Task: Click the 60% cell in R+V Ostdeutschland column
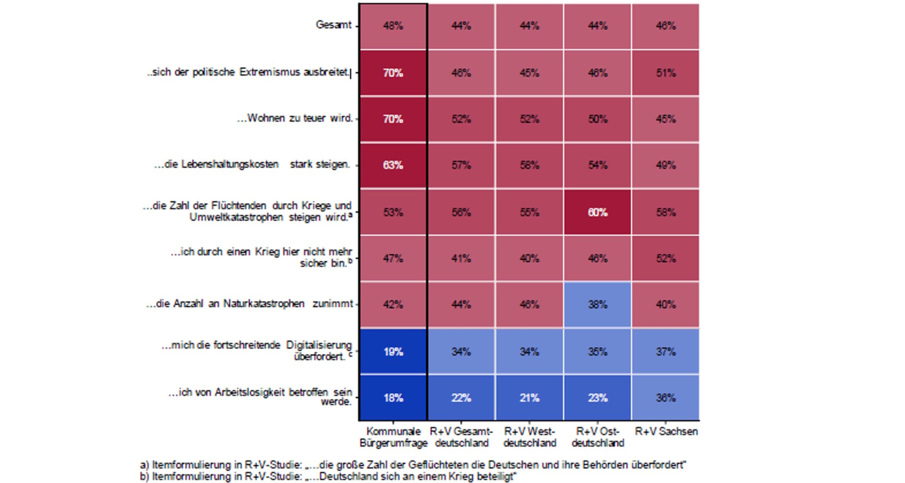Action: click(597, 212)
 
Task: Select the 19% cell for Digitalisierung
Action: click(393, 351)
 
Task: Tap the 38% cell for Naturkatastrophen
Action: click(597, 305)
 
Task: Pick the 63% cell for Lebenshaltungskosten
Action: click(393, 166)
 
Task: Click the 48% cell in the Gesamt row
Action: click(393, 26)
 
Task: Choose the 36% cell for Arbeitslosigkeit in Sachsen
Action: click(666, 398)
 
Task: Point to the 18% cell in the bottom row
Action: click(393, 398)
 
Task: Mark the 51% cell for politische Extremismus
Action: click(666, 73)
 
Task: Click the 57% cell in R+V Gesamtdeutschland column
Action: click(461, 166)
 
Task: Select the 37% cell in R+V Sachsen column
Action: click(666, 351)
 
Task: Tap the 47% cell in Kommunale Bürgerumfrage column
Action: click(393, 258)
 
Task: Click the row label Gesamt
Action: click(333, 25)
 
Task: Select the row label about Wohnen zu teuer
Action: click(295, 118)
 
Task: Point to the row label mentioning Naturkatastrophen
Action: click(249, 304)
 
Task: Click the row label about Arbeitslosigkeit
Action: click(260, 396)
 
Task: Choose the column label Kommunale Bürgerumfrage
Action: click(393, 437)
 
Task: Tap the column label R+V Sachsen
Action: click(666, 432)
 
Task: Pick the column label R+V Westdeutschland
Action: click(529, 437)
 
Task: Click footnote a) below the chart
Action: click(413, 465)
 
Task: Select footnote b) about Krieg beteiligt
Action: click(328, 476)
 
